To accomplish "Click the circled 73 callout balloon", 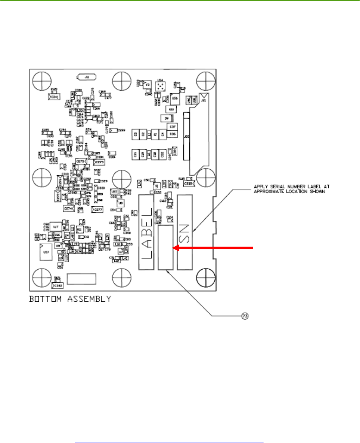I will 245,316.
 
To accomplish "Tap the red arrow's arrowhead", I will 176,248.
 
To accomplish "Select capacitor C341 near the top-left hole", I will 54,97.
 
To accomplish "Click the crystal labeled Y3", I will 148,85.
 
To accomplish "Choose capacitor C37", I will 173,127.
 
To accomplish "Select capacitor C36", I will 173,134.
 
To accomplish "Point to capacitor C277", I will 97,209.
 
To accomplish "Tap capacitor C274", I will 68,208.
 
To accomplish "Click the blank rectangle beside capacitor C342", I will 81,279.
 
